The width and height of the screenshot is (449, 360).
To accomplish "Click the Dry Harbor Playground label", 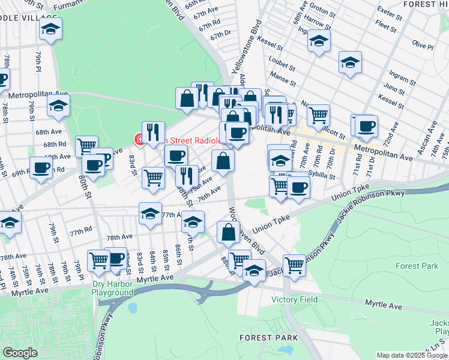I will pyautogui.click(x=112, y=288).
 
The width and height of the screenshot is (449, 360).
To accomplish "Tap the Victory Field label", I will pyautogui.click(x=293, y=299).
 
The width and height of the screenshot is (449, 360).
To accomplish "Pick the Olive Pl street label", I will pyautogui.click(x=423, y=46).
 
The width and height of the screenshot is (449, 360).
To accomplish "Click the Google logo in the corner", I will pyautogui.click(x=20, y=353).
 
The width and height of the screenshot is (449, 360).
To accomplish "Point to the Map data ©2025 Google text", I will pyautogui.click(x=412, y=355).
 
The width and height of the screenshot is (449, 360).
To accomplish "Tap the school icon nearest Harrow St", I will pyautogui.click(x=319, y=41).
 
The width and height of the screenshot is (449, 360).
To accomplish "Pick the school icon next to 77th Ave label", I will pyautogui.click(x=150, y=214).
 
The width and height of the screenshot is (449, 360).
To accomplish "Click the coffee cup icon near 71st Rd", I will pyautogui.click(x=365, y=126).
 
